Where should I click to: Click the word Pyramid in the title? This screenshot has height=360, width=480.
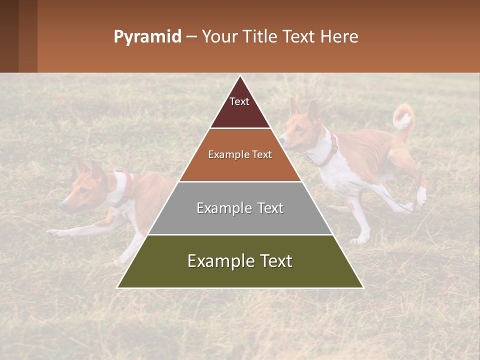coord(147,37)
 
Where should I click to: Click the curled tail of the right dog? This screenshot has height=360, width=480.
coord(403,118)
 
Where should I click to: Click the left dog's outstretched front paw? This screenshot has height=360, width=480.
coord(52,232)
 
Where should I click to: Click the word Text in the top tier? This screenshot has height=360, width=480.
coord(239,101)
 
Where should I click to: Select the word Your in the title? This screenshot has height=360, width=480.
coord(218,37)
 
